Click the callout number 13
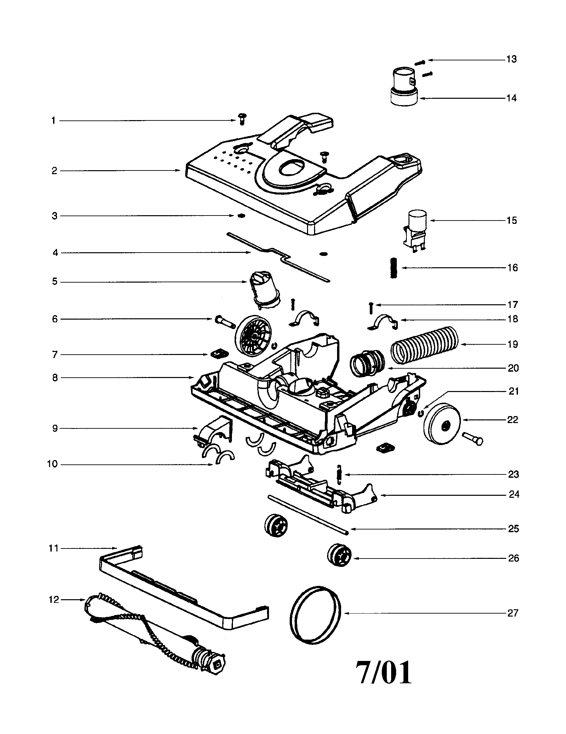point(511,59)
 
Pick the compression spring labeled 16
point(394,268)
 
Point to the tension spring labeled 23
point(339,474)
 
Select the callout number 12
point(54,599)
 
